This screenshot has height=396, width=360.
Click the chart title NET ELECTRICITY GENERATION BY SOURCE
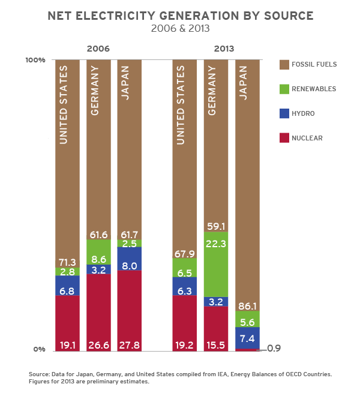pyautogui.click(x=180, y=16)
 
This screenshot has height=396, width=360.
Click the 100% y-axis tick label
pyautogui.click(x=35, y=60)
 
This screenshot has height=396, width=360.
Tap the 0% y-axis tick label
pyautogui.click(x=38, y=349)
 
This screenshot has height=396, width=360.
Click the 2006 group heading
pyautogui.click(x=98, y=49)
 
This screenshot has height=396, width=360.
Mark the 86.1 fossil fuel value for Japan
pyautogui.click(x=247, y=305)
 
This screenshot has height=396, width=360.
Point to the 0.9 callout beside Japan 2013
pyautogui.click(x=274, y=348)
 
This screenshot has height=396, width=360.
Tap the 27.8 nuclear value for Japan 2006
pyautogui.click(x=130, y=345)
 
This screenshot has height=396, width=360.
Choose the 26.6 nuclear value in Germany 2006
pyautogui.click(x=98, y=345)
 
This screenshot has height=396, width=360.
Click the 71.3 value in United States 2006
pyautogui.click(x=67, y=262)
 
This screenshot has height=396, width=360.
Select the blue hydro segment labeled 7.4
pyautogui.click(x=247, y=337)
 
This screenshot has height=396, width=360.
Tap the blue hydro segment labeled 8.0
pyautogui.click(x=130, y=259)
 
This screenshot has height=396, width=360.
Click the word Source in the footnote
pyautogui.click(x=39, y=374)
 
